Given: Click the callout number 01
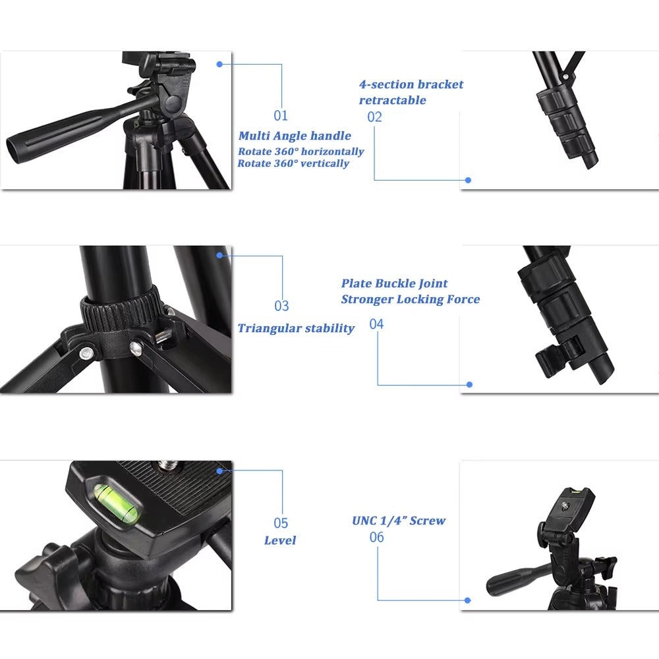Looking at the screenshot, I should click(x=281, y=116).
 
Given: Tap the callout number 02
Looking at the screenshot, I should click(x=374, y=117).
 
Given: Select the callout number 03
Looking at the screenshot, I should click(x=281, y=306).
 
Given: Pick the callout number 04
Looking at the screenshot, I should click(x=376, y=324).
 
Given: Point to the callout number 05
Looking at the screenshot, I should click(x=281, y=523).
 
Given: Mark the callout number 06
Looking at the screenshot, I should click(x=376, y=538).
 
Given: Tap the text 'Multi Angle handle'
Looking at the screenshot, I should click(x=295, y=136).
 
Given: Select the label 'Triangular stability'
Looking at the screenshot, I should click(x=296, y=328).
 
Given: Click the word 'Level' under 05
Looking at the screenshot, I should click(x=280, y=540).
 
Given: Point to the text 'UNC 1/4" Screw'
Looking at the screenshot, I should click(x=399, y=521).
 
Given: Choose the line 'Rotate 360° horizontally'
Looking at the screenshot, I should click(x=301, y=152).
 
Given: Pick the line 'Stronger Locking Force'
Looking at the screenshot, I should click(x=410, y=300).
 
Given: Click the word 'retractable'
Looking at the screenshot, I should click(x=392, y=100).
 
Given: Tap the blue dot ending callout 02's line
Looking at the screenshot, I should click(x=468, y=179).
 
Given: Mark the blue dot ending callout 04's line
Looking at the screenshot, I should click(x=469, y=384).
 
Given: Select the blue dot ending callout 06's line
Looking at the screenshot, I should click(x=467, y=600).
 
